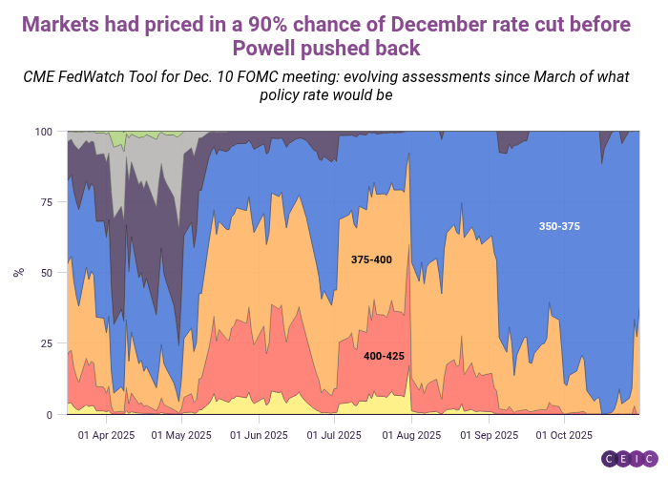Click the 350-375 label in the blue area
click(559, 226)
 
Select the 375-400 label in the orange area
click(371, 259)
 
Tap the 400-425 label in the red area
click(384, 356)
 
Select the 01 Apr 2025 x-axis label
click(106, 435)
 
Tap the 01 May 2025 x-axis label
click(181, 435)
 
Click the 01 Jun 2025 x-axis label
click(259, 435)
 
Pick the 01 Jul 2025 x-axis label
click(335, 435)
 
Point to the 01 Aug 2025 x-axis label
click(411, 435)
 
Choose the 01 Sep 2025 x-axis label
click(489, 435)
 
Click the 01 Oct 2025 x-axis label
click(564, 435)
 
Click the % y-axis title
click(17, 273)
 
